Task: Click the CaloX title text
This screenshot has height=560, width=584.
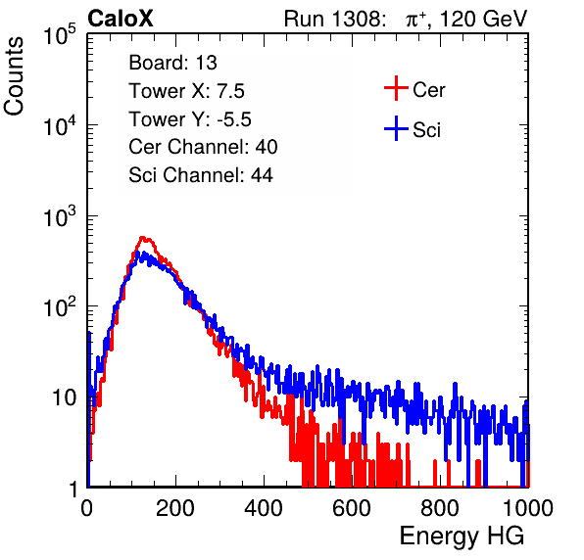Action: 121,19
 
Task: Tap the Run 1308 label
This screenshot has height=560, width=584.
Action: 334,19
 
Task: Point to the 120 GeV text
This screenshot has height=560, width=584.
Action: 483,19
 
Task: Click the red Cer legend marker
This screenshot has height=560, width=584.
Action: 396,88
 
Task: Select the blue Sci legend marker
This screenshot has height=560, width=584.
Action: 396,128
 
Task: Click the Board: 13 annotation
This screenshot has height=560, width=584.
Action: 172,63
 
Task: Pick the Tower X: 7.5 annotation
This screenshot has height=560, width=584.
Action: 186,91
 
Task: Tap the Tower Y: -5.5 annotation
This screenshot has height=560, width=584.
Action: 190,119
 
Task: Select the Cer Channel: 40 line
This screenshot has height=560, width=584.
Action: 203,147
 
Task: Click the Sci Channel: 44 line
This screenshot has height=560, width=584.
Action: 201,175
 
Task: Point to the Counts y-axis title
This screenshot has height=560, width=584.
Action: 14,76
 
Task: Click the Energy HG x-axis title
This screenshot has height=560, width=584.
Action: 462,537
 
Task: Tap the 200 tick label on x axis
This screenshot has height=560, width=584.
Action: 175,508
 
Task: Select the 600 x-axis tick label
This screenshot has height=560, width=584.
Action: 352,508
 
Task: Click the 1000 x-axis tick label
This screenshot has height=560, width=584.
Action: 528,508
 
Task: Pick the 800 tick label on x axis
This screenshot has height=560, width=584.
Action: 440,508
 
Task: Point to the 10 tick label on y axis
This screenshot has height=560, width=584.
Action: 65,397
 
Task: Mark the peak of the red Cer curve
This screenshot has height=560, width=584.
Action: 143,237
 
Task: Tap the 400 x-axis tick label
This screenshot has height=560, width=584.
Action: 264,508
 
